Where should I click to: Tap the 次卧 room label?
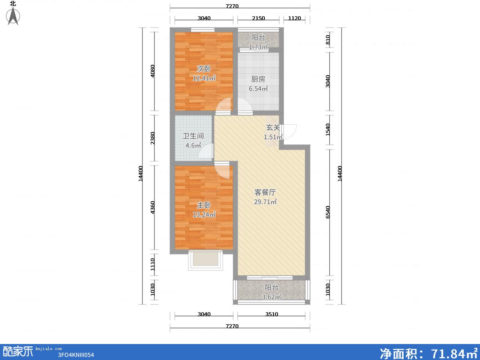point(204,69)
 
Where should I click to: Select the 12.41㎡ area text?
point(204,78)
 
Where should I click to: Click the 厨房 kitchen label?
point(258,79)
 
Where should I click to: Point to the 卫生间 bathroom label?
point(193,136)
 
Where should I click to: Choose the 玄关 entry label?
point(273,128)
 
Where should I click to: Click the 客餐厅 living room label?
point(265,192)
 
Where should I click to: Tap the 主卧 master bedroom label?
point(204,205)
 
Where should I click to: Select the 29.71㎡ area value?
point(266,202)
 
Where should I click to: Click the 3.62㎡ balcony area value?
point(272,297)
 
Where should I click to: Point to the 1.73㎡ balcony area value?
point(259,47)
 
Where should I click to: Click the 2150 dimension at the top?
point(258,18)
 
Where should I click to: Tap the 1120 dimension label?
point(294,18)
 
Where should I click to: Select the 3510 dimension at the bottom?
point(272,314)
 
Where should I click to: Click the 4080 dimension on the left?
point(153,71)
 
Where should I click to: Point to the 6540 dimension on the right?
point(328,212)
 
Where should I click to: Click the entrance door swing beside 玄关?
point(289,132)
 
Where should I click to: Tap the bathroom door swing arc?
point(206,151)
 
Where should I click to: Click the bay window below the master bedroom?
point(206,260)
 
